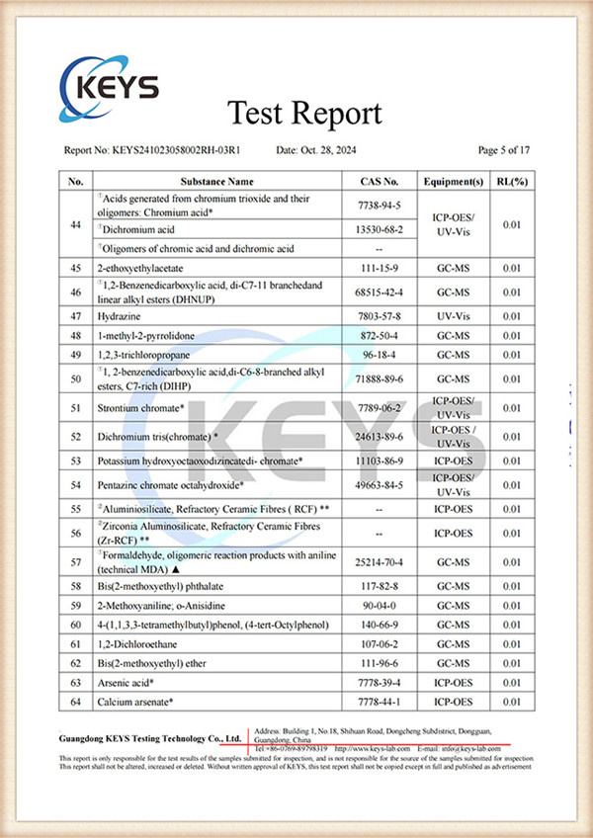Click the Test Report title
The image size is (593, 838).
coord(304,114)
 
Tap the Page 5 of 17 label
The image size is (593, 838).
coord(504,150)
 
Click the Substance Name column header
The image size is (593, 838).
coord(216,182)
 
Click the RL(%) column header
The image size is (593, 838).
coord(511,182)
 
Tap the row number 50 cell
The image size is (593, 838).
coord(76,378)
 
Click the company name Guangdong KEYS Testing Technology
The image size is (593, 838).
coord(148,738)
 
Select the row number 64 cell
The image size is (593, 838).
coord(76,702)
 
